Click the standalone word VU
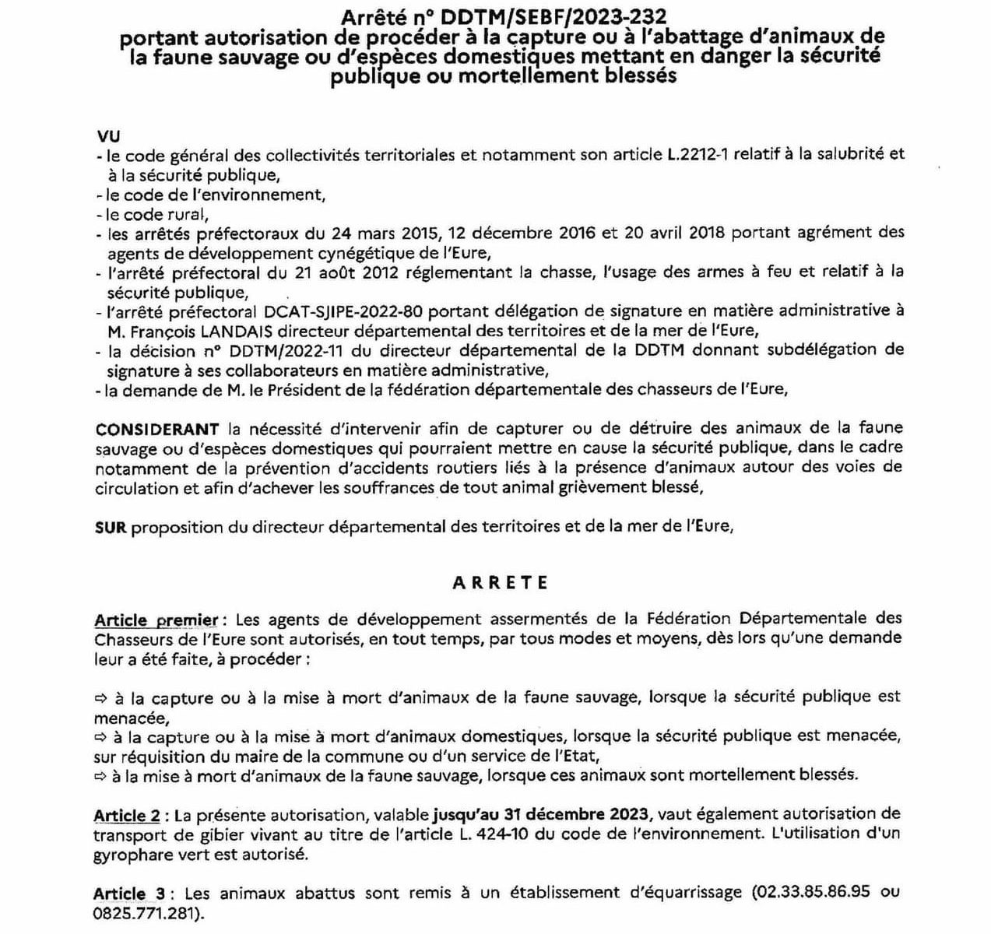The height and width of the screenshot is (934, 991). coord(110,135)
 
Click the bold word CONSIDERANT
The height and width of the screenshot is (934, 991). coord(157,429)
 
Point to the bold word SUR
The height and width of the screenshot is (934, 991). coord(111,527)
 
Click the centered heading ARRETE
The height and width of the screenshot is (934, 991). coord(500,583)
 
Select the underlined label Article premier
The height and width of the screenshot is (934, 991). coord(156,620)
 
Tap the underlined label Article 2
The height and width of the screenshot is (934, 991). coord(127,816)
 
